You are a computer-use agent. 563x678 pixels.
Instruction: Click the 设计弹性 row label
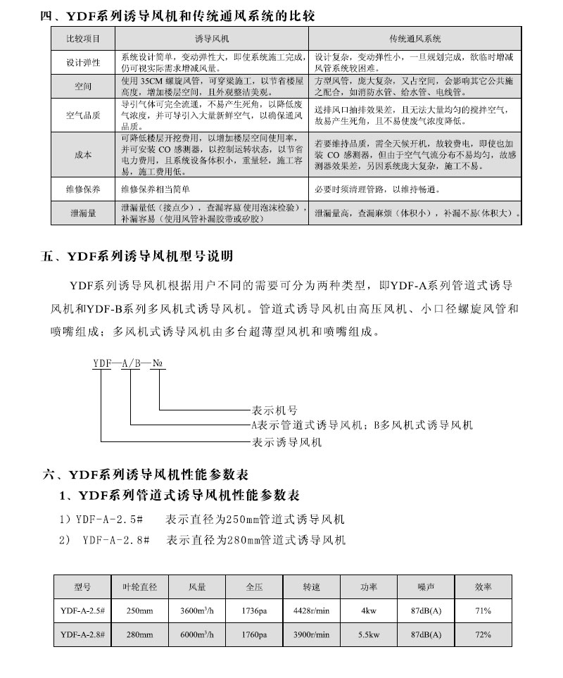83,63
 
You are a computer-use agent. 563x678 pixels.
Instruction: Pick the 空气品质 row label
83,114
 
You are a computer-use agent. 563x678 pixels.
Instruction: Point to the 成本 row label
83,155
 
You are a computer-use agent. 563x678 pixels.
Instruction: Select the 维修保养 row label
83,189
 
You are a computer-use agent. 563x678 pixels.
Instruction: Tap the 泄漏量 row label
83,213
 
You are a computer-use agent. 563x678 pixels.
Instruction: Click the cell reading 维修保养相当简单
156,189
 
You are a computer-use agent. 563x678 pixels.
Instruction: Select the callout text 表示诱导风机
286,442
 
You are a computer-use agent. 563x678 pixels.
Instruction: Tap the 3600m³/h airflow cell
197,611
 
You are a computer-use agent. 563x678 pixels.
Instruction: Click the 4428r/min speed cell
311,611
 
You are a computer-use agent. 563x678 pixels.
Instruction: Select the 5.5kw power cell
369,635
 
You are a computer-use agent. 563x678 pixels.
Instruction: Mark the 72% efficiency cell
483,635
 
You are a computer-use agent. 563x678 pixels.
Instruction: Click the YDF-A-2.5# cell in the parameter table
82,611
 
